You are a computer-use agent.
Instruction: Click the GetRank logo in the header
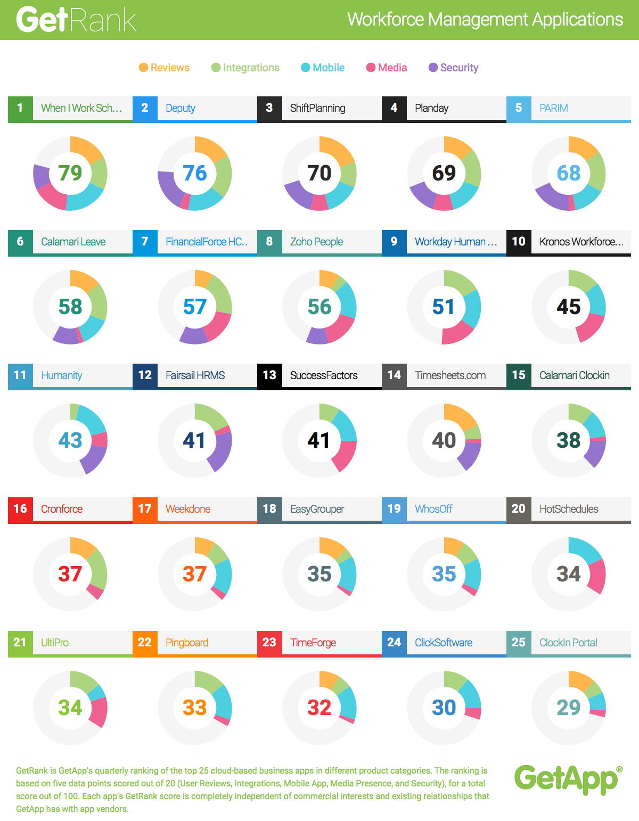(x=76, y=20)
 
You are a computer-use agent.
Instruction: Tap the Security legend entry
(x=453, y=68)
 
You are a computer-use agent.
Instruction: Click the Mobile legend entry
(x=323, y=68)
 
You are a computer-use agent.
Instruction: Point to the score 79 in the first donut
(x=70, y=173)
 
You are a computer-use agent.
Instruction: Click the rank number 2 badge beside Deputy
(x=145, y=108)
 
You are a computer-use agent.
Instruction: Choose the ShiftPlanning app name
(x=317, y=108)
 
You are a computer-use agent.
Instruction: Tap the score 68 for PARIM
(x=568, y=173)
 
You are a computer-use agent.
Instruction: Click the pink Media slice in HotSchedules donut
(x=597, y=577)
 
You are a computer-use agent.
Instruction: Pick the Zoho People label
(x=316, y=242)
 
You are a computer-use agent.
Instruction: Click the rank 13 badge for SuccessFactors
(x=269, y=375)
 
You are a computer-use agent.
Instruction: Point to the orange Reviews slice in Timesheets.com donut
(x=461, y=415)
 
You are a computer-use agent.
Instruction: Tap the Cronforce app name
(x=62, y=509)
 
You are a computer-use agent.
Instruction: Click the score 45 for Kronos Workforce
(x=568, y=307)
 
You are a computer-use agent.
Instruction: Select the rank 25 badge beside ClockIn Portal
(x=519, y=643)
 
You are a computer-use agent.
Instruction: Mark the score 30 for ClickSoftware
(x=444, y=708)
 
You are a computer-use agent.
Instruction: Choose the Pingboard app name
(x=187, y=643)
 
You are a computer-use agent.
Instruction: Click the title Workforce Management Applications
(x=485, y=20)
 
